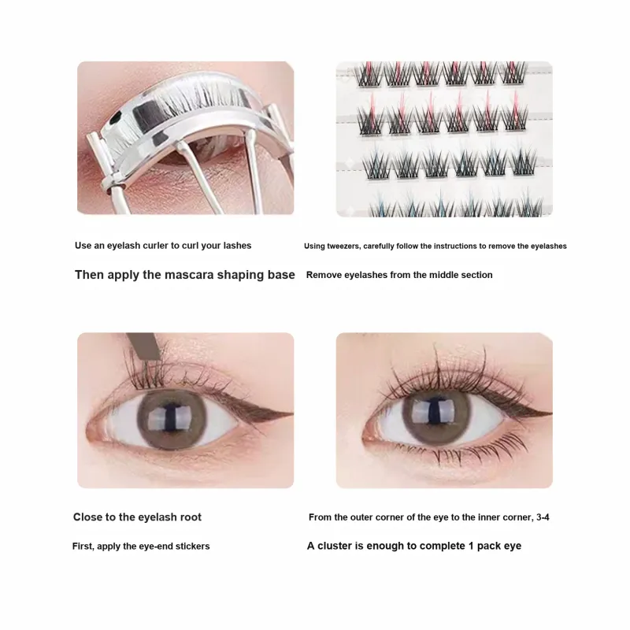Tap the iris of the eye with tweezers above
pos(172,420)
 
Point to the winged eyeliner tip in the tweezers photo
pos(291,413)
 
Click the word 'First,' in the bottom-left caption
pos(83,547)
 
